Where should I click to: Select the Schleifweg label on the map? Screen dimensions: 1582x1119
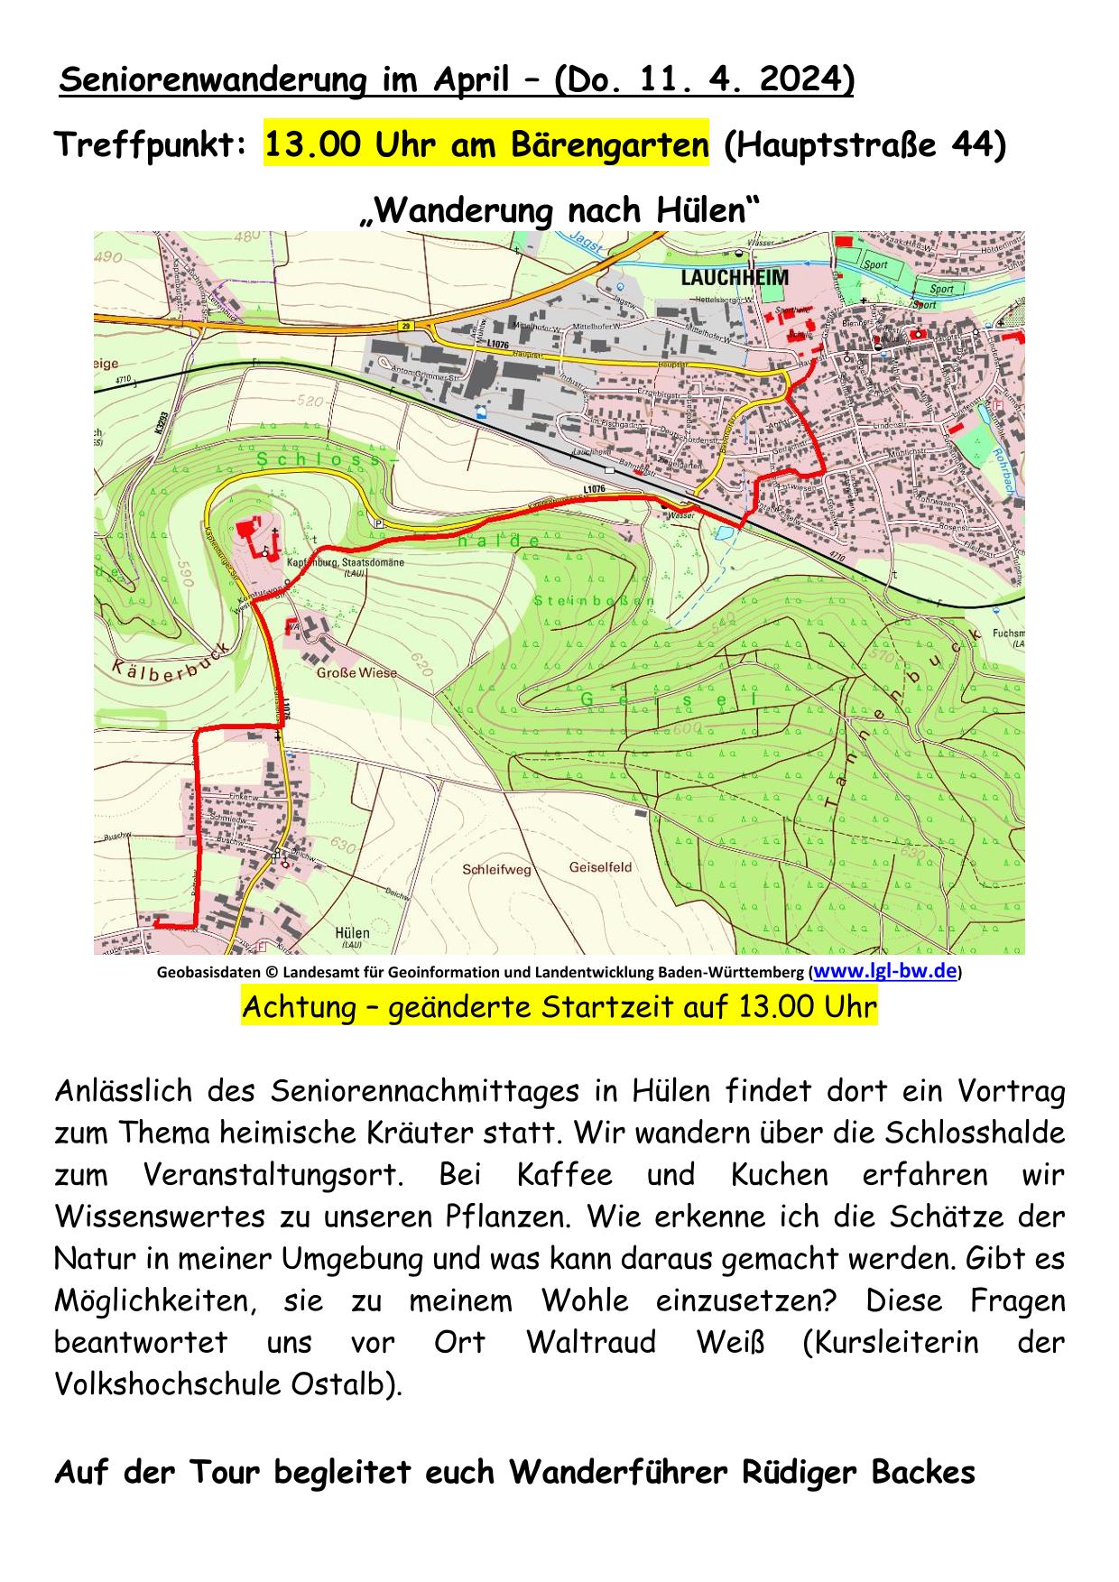point(496,870)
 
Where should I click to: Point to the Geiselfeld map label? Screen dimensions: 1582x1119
point(600,867)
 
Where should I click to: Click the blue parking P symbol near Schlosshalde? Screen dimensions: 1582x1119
point(379,523)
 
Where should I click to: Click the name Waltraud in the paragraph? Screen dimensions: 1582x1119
point(591,1342)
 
